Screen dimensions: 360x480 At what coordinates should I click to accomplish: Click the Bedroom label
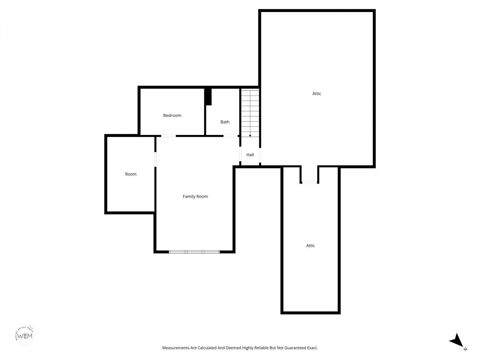pos(172,115)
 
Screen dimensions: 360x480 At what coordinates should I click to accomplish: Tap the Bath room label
pos(225,122)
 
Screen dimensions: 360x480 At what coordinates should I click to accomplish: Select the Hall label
pos(250,155)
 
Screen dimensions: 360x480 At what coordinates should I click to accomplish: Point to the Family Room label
pos(195,196)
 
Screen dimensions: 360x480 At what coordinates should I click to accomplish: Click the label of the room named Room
pos(131,174)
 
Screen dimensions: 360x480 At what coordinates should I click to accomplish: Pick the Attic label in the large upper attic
pos(317,94)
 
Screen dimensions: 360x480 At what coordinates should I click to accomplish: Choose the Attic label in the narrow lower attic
pos(310,246)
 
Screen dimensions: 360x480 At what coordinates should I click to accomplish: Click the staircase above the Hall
pos(250,112)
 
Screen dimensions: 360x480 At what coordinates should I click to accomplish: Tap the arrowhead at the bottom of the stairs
pos(250,135)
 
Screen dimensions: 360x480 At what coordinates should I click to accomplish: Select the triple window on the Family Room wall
pos(194,252)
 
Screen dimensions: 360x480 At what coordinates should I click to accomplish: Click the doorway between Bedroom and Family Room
pos(168,136)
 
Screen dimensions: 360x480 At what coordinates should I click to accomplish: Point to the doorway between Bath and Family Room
pos(231,136)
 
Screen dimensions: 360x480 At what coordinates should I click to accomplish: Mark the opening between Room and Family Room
pos(155,158)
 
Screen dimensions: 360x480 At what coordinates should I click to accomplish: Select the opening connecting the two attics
pos(309,183)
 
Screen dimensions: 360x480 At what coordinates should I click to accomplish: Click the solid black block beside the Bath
pos(208,97)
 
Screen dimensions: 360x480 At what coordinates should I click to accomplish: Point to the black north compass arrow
pos(456,340)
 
